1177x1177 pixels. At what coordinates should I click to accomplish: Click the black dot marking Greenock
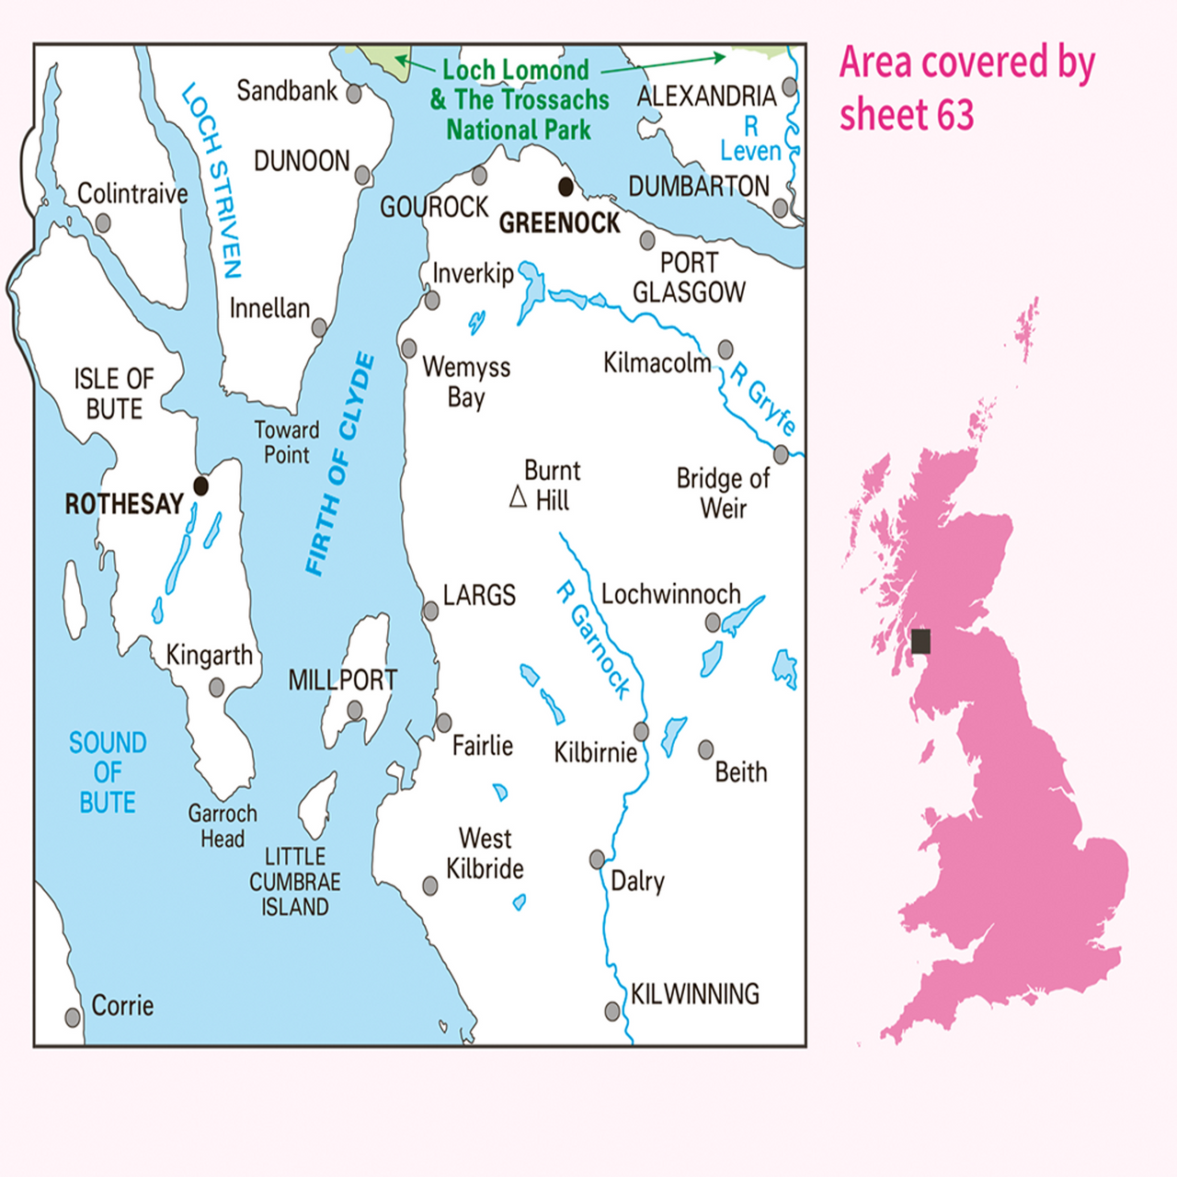[566, 188]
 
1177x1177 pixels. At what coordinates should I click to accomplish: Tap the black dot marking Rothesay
[200, 486]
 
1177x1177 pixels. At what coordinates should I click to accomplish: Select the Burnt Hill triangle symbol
[519, 497]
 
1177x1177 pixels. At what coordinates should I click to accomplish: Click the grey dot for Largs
[430, 611]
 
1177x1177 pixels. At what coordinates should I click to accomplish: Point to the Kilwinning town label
[694, 994]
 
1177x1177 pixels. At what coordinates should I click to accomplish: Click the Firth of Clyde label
[340, 464]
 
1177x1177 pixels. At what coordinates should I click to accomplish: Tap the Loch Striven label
[213, 181]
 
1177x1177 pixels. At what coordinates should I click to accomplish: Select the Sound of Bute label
[108, 772]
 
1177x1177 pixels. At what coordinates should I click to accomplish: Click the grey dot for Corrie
[73, 1017]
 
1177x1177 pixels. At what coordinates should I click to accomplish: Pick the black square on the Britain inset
[920, 641]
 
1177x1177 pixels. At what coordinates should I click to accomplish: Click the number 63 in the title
[955, 115]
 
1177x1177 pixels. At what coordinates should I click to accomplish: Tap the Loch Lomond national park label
[520, 99]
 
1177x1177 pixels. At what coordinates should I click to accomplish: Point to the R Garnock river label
[594, 640]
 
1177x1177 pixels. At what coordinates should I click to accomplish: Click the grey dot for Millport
[355, 710]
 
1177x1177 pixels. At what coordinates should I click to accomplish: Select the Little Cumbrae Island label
[295, 882]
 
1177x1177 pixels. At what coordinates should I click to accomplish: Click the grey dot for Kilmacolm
[726, 349]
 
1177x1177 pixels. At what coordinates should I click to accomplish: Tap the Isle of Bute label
[114, 394]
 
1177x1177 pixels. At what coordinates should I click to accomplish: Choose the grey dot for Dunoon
[362, 175]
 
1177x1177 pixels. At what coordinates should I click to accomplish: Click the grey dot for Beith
[706, 749]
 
